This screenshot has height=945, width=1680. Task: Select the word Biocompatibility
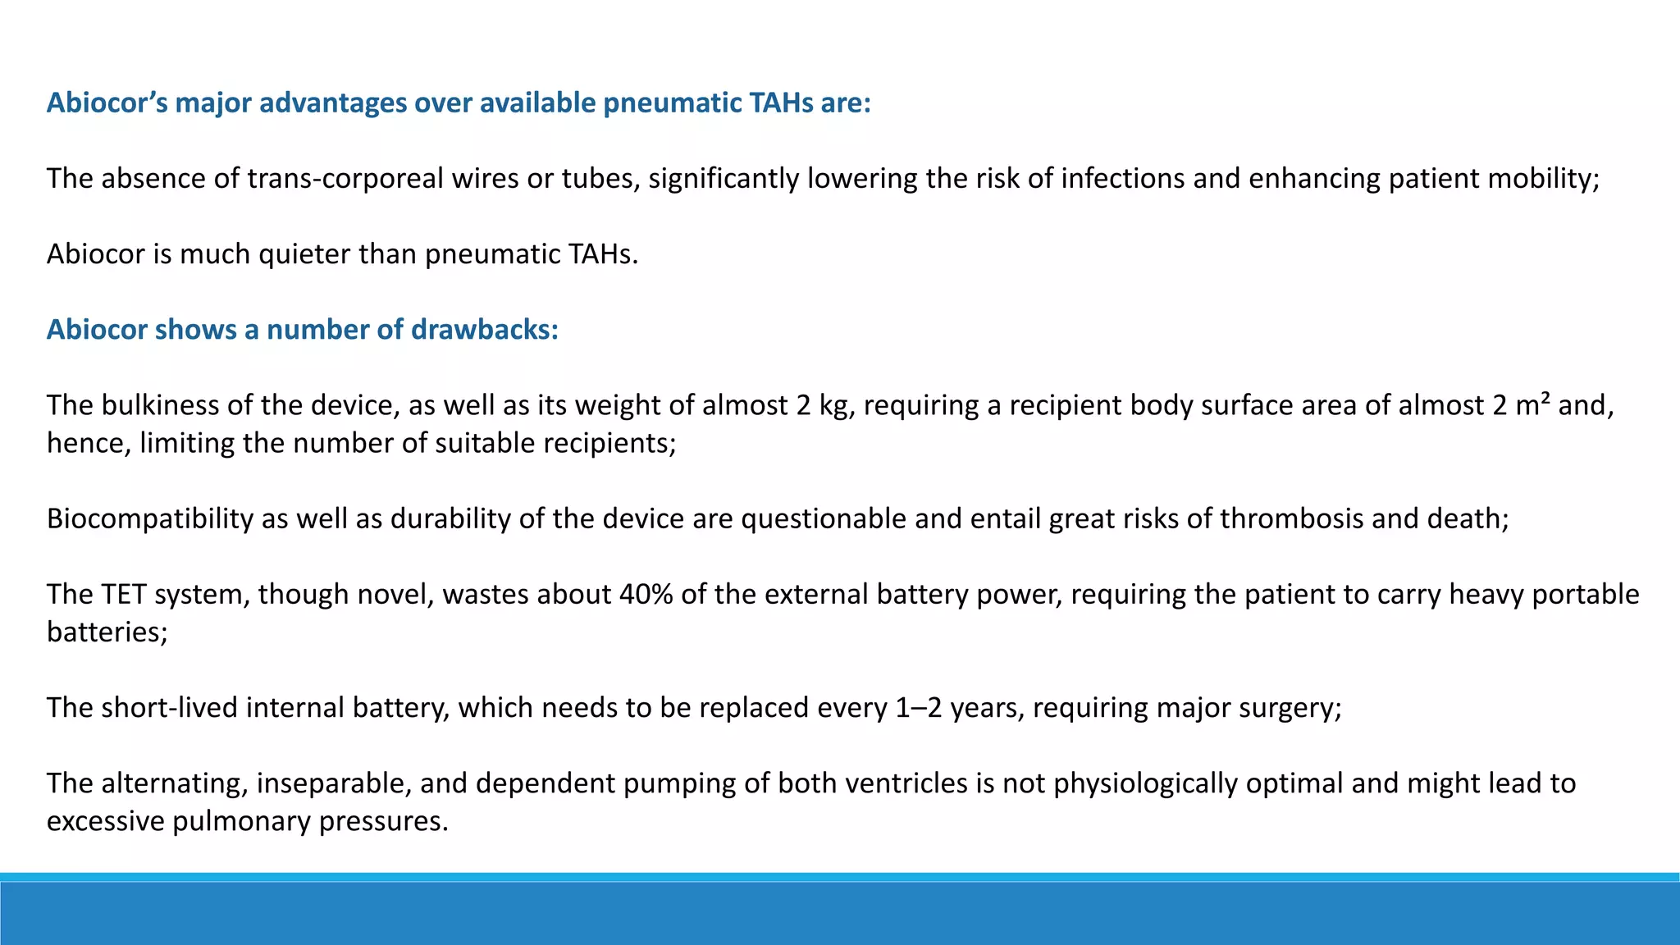point(150,518)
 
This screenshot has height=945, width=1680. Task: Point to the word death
point(1468,518)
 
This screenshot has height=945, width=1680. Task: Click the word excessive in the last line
point(105,821)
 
